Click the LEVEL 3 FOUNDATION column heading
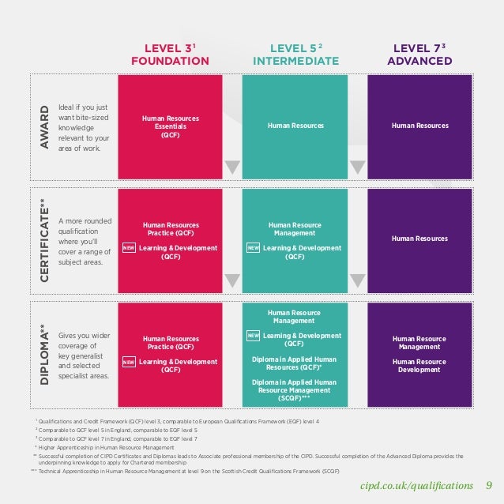click(171, 55)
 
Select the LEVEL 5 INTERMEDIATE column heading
click(295, 55)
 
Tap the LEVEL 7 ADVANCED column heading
click(419, 55)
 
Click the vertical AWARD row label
click(45, 126)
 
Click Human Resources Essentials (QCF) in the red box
click(171, 126)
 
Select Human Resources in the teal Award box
click(295, 126)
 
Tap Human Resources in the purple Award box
click(420, 126)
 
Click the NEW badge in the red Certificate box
click(129, 248)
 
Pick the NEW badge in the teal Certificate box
click(254, 248)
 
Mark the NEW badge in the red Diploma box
click(129, 362)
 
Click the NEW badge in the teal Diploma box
click(254, 336)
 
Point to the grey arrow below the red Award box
click(232, 167)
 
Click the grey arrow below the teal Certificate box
click(357, 280)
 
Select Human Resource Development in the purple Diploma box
click(420, 366)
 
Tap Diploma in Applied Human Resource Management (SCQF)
click(295, 389)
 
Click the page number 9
click(489, 485)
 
